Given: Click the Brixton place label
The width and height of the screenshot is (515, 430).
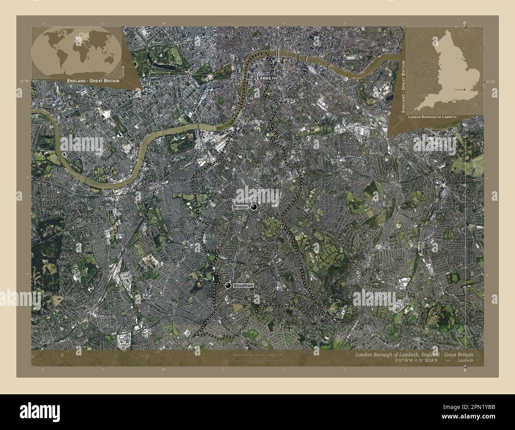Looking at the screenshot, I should (240, 207).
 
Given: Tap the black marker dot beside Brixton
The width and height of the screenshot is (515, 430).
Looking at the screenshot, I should (254, 207).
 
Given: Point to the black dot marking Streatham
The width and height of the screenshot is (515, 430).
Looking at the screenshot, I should (228, 286).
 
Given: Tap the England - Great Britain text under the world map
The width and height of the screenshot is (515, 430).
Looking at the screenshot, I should (93, 81).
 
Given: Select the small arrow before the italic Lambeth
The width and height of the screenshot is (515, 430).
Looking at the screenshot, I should (447, 361).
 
